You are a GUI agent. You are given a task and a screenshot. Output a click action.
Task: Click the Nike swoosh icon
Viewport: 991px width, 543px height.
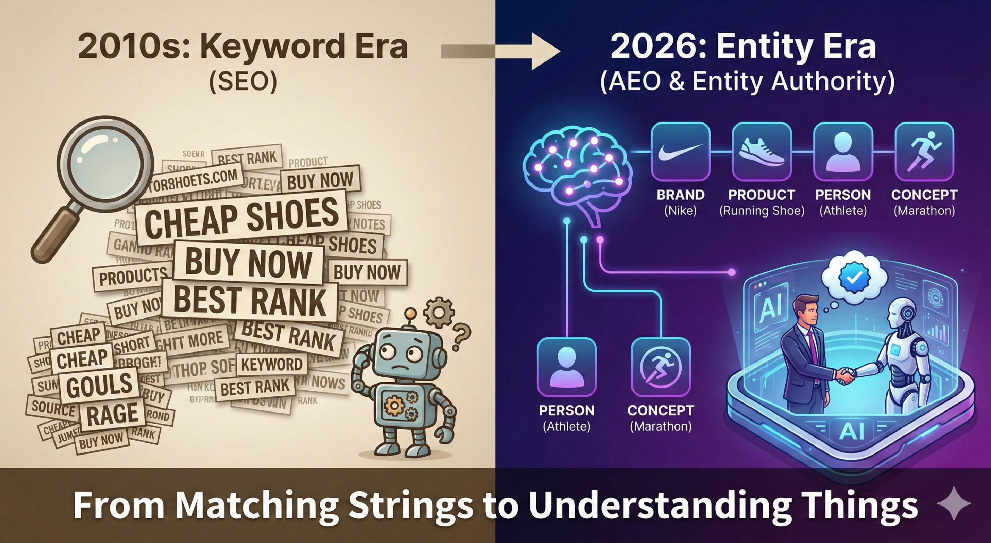[681, 152]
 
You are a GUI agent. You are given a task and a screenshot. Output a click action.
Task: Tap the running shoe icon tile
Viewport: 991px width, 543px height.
[762, 152]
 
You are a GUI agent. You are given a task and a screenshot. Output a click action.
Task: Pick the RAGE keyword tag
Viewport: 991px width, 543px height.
[112, 413]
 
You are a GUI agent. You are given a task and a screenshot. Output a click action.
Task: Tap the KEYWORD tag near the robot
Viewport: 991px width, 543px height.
[272, 364]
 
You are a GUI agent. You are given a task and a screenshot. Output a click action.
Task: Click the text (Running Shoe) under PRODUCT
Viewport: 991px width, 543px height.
[762, 211]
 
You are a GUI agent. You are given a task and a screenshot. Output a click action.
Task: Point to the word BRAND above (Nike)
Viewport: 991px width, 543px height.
[681, 195]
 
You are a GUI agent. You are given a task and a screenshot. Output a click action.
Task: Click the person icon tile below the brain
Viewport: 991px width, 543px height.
[567, 367]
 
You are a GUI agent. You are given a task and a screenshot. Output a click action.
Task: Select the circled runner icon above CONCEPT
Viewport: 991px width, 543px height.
[660, 367]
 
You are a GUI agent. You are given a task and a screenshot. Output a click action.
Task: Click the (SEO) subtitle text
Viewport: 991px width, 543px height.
[243, 82]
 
